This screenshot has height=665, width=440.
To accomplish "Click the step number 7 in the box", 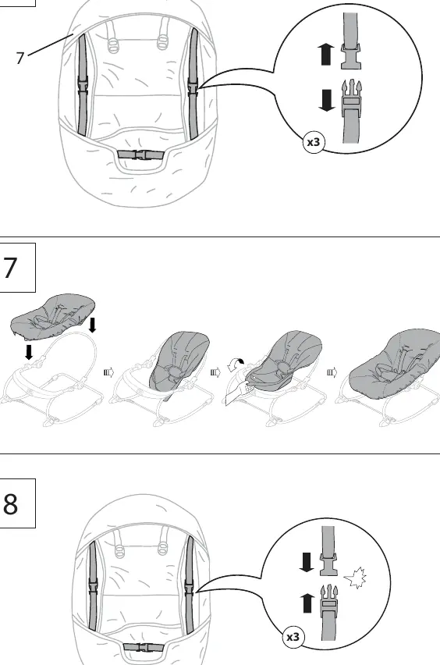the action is pos(9,268).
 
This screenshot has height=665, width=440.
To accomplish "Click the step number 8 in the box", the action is pos(10,503).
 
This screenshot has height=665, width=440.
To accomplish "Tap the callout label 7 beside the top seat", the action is pos(20,58).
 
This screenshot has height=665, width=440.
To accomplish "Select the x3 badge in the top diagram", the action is pos(314,142).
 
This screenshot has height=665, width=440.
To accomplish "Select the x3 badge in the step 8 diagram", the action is pos(293,637).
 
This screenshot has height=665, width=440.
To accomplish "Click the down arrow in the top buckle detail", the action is pos(326,100).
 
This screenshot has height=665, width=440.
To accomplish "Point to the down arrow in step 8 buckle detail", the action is pos(307,563).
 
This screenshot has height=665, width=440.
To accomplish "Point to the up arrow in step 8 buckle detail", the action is pos(307,603).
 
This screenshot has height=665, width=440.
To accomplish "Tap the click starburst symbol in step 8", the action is pos(355,578).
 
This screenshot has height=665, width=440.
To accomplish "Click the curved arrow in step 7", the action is pos(236,364).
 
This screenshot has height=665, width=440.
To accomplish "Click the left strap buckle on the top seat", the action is pos(83,85).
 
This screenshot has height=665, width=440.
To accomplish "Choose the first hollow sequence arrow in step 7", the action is pos(109,373).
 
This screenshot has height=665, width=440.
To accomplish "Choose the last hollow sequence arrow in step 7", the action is pos(332,373).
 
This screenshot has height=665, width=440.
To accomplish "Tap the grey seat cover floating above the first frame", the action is pos(52,317).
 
